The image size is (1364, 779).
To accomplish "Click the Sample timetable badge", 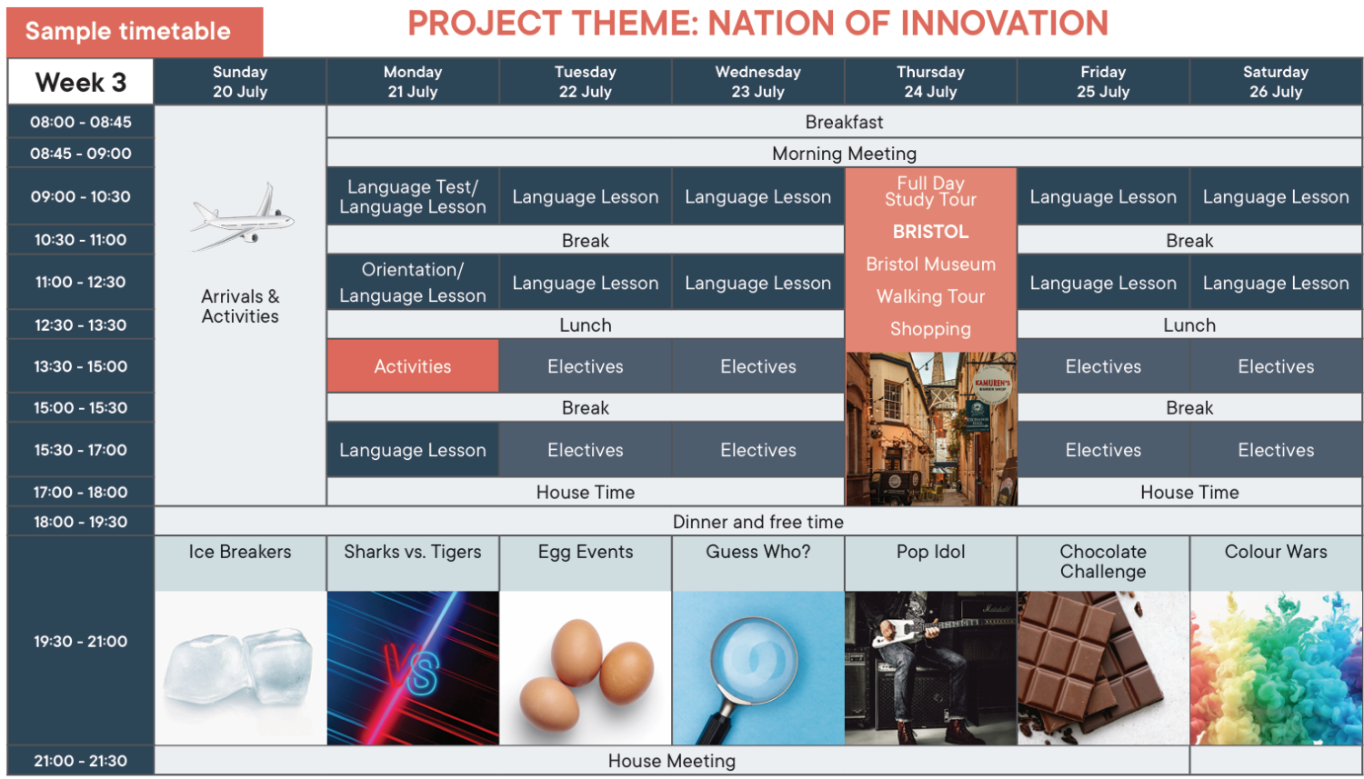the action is (135, 32).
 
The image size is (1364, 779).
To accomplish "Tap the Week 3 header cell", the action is (80, 82).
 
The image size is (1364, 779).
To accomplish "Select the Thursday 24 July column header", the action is (930, 82).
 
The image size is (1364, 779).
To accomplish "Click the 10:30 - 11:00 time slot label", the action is (80, 240).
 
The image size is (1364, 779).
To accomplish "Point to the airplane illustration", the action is (243, 217).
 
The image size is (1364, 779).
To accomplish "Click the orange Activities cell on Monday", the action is (413, 366).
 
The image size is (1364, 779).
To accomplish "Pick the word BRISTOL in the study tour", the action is (930, 232).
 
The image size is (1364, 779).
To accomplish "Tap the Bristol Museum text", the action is (930, 265).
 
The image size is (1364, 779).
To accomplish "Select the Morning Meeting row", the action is (844, 154).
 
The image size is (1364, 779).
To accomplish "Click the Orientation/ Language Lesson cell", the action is (413, 283).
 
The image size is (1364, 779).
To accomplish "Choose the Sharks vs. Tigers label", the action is (413, 552).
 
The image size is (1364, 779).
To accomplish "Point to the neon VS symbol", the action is (411, 669).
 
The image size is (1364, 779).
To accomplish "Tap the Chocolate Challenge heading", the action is (1103, 561).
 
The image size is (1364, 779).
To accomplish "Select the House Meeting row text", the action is (672, 761).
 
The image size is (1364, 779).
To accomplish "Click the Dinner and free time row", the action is (758, 522).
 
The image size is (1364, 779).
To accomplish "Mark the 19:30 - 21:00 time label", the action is (80, 642).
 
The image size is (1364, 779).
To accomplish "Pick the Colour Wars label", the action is (1276, 552).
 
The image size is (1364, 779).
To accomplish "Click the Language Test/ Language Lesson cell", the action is (413, 196).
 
